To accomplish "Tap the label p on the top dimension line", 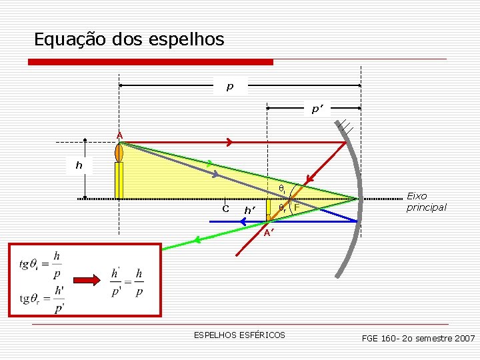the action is (230, 86).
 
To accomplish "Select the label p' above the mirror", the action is (316, 109).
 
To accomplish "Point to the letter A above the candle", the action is (119, 135).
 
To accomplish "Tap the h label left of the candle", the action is (79, 165).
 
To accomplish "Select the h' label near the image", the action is (251, 210).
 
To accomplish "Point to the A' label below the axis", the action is (267, 233).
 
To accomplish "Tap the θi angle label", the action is (281, 189).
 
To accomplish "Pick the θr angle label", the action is (283, 208).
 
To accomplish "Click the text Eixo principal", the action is (426, 201).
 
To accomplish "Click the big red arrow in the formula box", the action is (87, 277).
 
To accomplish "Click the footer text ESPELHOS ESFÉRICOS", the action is (239, 335).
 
